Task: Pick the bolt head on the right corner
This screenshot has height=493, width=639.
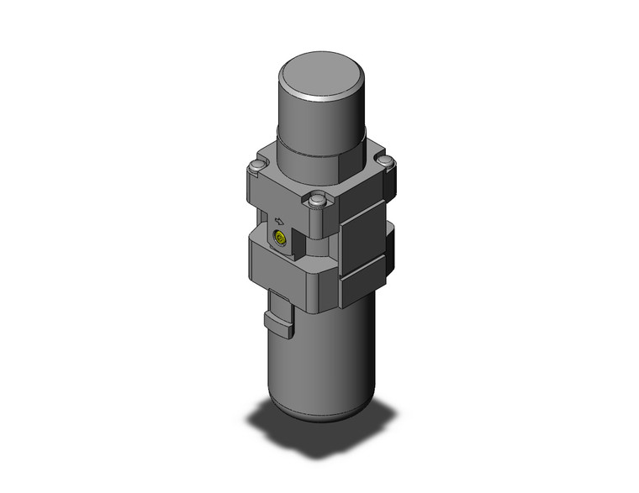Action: click(x=384, y=160)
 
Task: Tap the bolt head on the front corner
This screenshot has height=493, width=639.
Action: click(x=317, y=202)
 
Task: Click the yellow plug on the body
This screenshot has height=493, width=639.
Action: click(x=279, y=241)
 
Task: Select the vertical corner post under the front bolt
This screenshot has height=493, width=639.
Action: click(x=318, y=223)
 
